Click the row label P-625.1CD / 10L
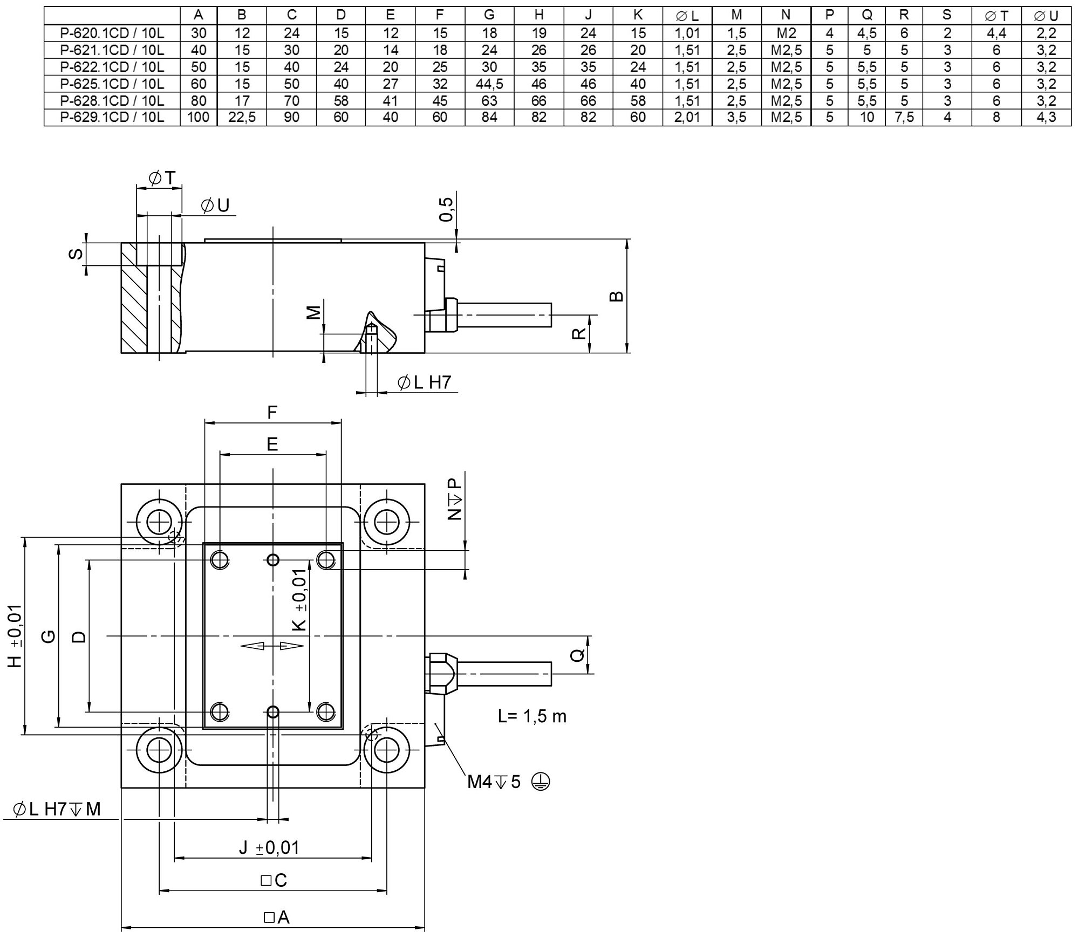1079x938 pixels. pyautogui.click(x=112, y=84)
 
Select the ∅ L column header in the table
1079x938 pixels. pyautogui.click(x=687, y=16)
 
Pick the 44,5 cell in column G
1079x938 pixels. pyautogui.click(x=489, y=84)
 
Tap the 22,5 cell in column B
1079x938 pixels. pyautogui.click(x=242, y=117)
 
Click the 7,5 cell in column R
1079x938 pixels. pyautogui.click(x=904, y=117)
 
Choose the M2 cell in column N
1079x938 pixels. pyautogui.click(x=786, y=33)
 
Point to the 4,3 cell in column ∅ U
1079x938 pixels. pyautogui.click(x=1046, y=117)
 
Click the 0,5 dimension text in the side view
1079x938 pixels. pyautogui.click(x=446, y=209)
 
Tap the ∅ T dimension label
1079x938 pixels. pyautogui.click(x=161, y=178)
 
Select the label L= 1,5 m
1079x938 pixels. pyautogui.click(x=532, y=716)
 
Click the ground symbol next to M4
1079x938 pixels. pyautogui.click(x=541, y=781)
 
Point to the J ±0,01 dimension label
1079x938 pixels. pyautogui.click(x=269, y=847)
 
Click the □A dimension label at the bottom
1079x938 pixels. pyautogui.click(x=277, y=917)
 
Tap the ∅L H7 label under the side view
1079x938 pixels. pyautogui.click(x=424, y=382)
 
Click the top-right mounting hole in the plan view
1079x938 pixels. pyautogui.click(x=387, y=522)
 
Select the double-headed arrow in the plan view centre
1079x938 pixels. pyautogui.click(x=272, y=646)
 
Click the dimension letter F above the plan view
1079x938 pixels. pyautogui.click(x=272, y=413)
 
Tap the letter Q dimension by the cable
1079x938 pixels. pyautogui.click(x=577, y=655)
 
